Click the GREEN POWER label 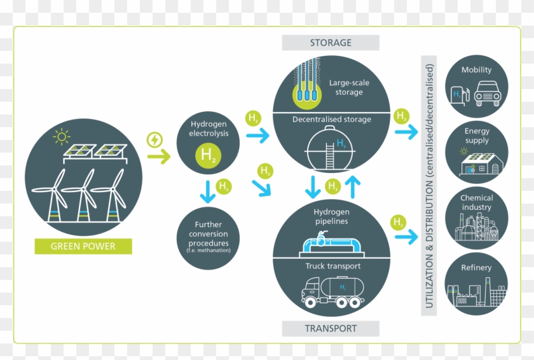tap(83, 246)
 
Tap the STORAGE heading tap(331, 43)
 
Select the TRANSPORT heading tap(331, 329)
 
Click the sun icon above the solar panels tap(61, 136)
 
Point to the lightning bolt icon tap(154, 139)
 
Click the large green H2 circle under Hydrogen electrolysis tap(208, 155)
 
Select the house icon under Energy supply tap(482, 165)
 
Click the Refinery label tap(476, 268)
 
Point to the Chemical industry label tap(477, 202)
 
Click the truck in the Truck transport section tap(332, 294)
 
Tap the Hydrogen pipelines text tap(331, 216)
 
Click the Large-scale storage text tap(348, 87)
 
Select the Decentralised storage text tap(331, 119)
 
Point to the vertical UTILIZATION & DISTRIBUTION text tap(429, 185)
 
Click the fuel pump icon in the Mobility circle tap(459, 95)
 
